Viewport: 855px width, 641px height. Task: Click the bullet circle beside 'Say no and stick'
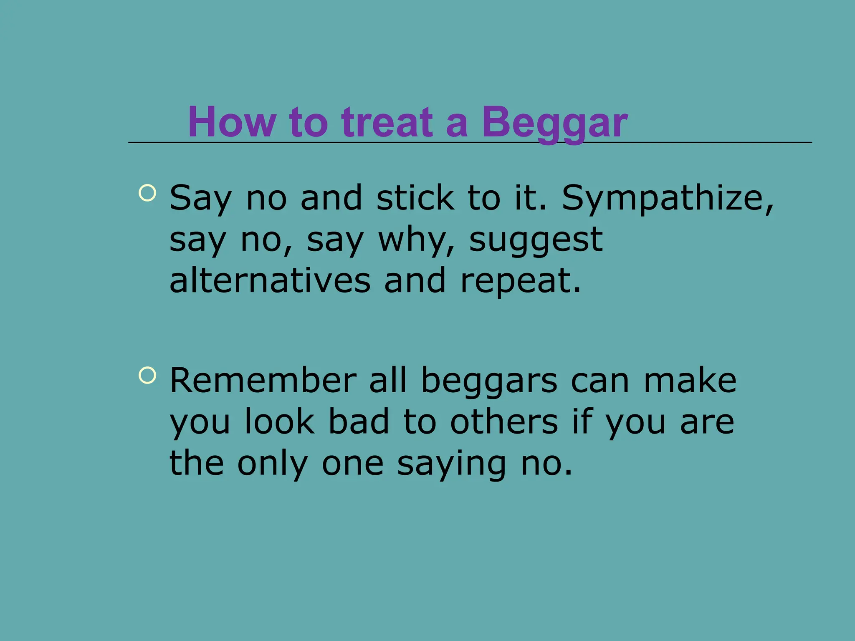(x=147, y=193)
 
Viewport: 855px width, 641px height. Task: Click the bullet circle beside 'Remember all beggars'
(x=147, y=375)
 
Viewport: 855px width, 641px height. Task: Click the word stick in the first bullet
(x=415, y=198)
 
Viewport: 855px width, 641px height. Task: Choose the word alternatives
(x=270, y=280)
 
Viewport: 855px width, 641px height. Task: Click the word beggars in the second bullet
(x=489, y=381)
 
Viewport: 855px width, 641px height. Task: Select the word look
(x=279, y=421)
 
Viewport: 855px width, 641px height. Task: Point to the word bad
(x=359, y=421)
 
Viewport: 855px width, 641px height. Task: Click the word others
(x=504, y=421)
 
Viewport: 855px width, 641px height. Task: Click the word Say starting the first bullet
(x=200, y=199)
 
